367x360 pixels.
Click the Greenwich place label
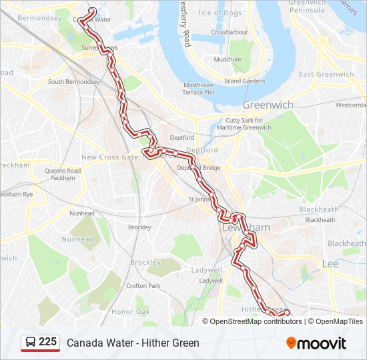pos(268,105)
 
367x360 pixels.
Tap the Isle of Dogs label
pos(220,13)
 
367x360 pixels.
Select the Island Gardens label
pos(244,81)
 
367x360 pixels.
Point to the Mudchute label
pos(228,59)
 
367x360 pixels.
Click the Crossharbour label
pos(229,32)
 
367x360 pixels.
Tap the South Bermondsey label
pos(73,82)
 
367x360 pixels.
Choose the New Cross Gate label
pos(109,157)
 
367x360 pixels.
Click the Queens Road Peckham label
pos(63,175)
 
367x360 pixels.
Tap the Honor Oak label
pos(131,312)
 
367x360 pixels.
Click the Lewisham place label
pos(246,228)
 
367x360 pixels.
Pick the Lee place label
pos(330,264)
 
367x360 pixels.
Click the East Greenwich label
pos(326,75)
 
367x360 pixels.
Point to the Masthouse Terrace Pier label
pos(199,89)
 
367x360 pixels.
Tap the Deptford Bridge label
pos(198,168)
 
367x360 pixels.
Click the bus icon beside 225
pos(31,343)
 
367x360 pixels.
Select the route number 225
pos(48,342)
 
